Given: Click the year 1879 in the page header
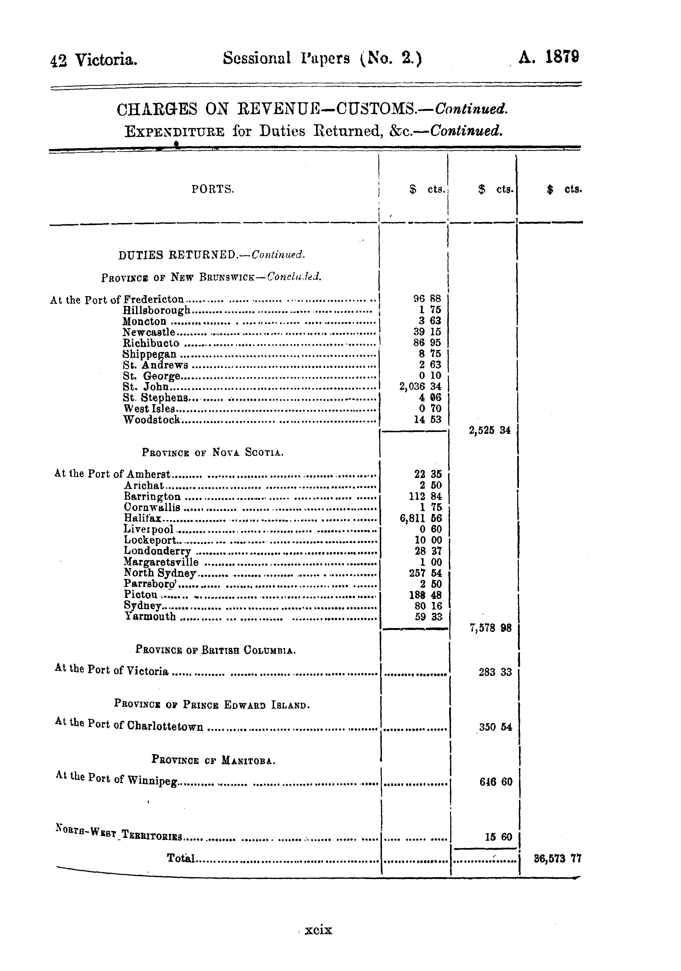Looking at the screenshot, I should click(562, 57).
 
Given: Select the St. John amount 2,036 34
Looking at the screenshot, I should click(420, 386).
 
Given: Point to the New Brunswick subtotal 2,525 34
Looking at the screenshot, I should click(490, 431).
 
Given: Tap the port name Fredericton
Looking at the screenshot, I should click(153, 299).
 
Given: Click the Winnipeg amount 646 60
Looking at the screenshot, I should click(496, 782).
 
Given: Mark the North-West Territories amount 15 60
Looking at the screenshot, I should click(498, 837).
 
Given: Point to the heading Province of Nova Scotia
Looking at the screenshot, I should click(212, 452).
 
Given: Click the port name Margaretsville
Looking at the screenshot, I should click(161, 562).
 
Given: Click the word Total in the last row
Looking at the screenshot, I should click(181, 858).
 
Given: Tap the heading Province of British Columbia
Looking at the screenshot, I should click(215, 650).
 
